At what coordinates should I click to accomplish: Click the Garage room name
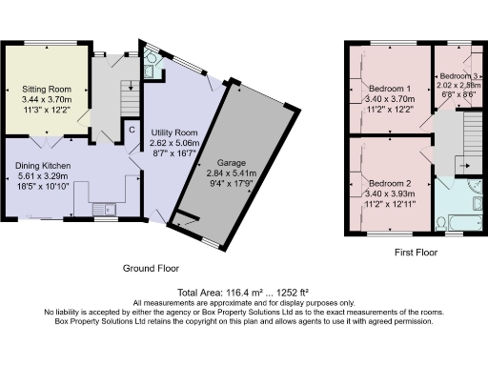(x=231, y=163)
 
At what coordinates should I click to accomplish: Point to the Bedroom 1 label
(x=388, y=88)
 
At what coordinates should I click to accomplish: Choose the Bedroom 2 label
(x=388, y=182)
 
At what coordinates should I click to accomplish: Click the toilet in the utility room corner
(x=150, y=67)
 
